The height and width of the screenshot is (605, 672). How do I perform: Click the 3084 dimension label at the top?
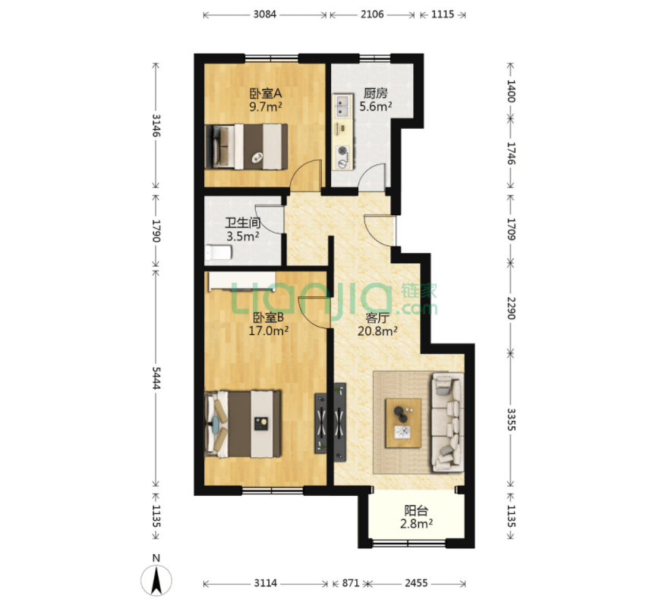tap(264, 14)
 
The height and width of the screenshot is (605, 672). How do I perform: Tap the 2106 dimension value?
tap(372, 14)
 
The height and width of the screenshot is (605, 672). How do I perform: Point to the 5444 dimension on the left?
tap(156, 378)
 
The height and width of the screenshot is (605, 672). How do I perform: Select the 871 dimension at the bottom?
tap(351, 583)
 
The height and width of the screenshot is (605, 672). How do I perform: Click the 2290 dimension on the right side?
tap(511, 308)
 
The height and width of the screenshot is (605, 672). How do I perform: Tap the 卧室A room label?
tap(266, 92)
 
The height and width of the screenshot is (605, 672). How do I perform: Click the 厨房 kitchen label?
tap(375, 92)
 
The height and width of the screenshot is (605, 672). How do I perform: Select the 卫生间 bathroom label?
tap(242, 222)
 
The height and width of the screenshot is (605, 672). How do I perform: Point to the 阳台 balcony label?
tap(416, 510)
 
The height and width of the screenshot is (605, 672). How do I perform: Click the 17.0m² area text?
tap(268, 331)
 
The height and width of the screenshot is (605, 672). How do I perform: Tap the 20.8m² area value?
tap(377, 331)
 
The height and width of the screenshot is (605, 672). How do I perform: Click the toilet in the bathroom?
tap(218, 252)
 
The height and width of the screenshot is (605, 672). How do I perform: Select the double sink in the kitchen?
tap(342, 107)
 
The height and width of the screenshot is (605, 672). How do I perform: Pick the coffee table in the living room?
tap(403, 423)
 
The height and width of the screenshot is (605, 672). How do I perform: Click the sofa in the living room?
tap(448, 422)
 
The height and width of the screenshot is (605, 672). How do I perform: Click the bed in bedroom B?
tap(243, 423)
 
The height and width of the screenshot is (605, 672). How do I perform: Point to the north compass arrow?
tap(156, 580)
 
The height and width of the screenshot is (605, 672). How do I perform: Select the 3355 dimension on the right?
tap(511, 419)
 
